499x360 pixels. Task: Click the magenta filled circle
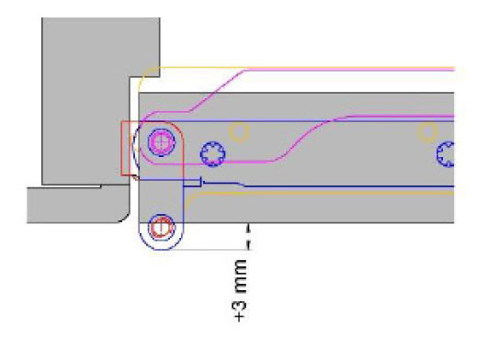[x=162, y=142]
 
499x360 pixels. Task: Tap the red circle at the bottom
[x=162, y=228]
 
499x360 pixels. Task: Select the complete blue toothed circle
[x=212, y=154]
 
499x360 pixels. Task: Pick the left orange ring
[x=239, y=131]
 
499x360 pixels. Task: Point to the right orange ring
[x=427, y=131]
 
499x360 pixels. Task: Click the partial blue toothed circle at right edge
[x=446, y=154]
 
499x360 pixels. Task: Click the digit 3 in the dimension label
[x=241, y=304]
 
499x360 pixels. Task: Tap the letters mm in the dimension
[x=241, y=276]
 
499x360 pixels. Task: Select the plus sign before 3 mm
[x=241, y=317]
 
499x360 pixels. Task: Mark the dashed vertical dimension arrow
[x=249, y=237]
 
